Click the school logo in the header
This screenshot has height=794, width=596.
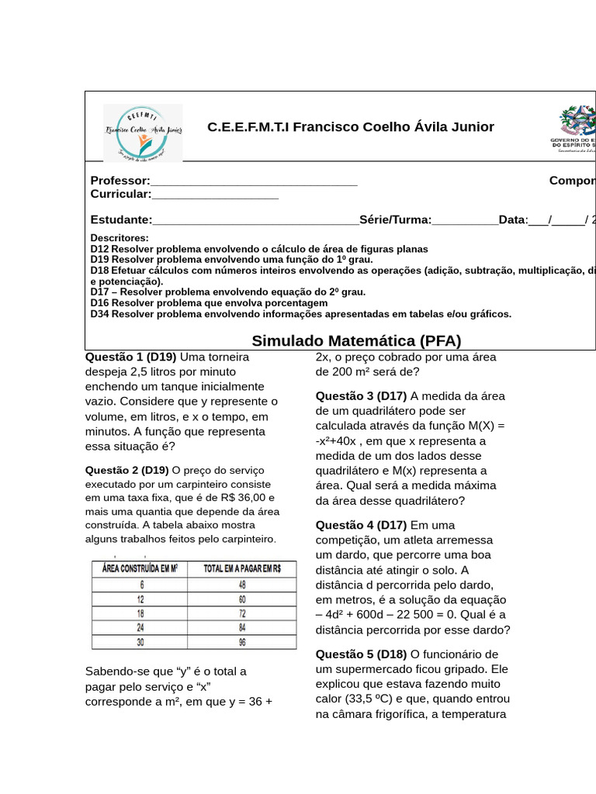coord(143,133)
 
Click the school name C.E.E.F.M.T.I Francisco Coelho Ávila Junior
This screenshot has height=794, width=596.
coord(350,127)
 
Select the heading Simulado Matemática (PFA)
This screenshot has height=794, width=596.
coord(356,341)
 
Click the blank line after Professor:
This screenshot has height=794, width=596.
coord(254,181)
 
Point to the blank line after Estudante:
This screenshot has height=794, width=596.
coord(255,220)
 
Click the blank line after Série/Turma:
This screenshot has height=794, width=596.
coord(465,220)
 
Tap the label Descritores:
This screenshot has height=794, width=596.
coord(120,238)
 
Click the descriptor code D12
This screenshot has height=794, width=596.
coord(99,249)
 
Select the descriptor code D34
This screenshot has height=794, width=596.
coord(99,314)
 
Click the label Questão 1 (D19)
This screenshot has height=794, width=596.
coord(130,357)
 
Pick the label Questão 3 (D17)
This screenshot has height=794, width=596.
coord(361,396)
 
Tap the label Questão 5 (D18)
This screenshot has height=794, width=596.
coord(361,654)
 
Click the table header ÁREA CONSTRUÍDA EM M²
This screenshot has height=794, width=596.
coord(140,568)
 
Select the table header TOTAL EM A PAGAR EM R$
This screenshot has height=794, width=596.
coord(242,568)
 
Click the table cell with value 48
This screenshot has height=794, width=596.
coord(242,585)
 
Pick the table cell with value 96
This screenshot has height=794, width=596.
coord(242,642)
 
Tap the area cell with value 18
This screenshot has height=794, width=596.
coord(141,613)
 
